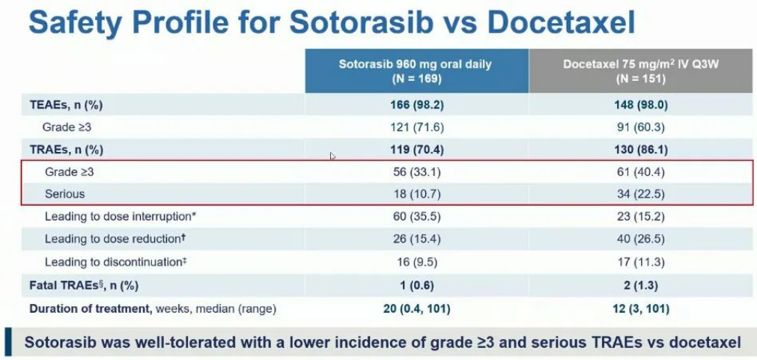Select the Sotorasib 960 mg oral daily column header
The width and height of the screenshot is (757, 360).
[x=416, y=70]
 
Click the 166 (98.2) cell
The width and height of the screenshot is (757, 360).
[x=416, y=105]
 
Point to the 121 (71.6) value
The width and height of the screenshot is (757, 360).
[x=416, y=126]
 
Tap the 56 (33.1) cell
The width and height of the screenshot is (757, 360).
[x=416, y=171]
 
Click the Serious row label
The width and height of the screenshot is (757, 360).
[x=64, y=194]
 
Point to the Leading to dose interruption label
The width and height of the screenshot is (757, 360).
[x=120, y=217]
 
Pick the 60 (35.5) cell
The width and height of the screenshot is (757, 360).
[x=416, y=217]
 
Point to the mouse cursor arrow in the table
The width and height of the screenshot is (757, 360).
[x=332, y=156]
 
